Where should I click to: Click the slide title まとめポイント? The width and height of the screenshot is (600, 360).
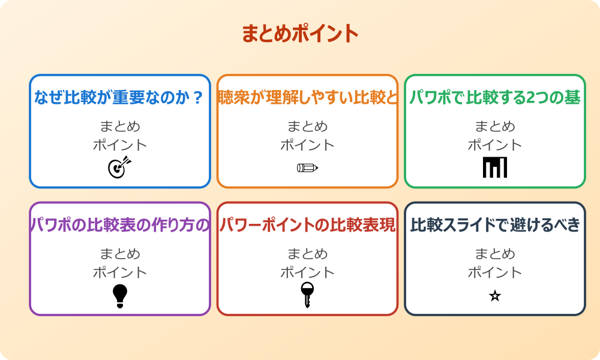[x=300, y=34]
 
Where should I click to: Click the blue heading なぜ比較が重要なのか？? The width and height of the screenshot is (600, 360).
[x=119, y=98]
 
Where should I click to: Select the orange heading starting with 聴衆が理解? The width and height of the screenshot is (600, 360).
[x=307, y=98]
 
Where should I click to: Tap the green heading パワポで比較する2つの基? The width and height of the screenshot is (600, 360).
[x=494, y=98]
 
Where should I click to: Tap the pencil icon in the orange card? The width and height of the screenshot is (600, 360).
[x=307, y=167]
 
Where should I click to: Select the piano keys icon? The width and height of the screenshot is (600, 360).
[x=495, y=167]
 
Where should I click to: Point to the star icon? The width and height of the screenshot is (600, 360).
[x=495, y=296]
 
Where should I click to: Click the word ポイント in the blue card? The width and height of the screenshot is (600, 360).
[x=120, y=145]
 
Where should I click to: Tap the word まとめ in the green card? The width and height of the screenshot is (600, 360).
[x=495, y=127]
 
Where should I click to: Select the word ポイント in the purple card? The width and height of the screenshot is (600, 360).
[x=120, y=272]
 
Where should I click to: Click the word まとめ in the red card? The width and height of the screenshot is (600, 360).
[x=307, y=254]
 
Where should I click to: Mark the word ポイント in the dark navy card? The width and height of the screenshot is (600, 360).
[x=495, y=272]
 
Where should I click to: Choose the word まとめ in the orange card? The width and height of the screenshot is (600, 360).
[x=307, y=127]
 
